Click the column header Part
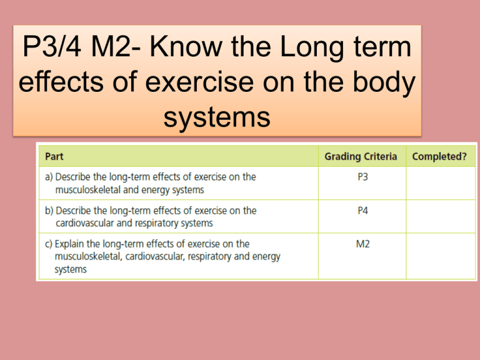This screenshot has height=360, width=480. pyautogui.click(x=54, y=156)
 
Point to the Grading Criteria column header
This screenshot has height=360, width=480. pyautogui.click(x=361, y=156)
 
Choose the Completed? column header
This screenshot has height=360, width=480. pyautogui.click(x=438, y=156)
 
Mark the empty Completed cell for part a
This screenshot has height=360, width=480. pyautogui.click(x=438, y=182)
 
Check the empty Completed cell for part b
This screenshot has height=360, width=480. pyautogui.click(x=438, y=216)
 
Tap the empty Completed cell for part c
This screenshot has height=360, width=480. pyautogui.click(x=438, y=256)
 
